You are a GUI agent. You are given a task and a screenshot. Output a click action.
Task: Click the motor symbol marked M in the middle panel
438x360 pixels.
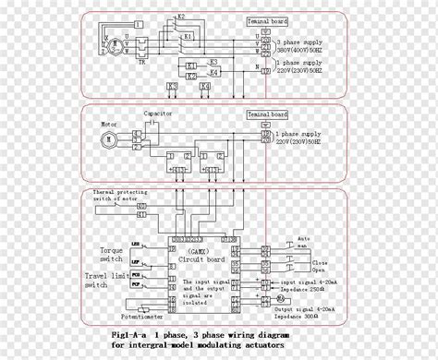(108, 139)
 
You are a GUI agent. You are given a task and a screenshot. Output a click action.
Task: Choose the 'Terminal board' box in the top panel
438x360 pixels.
(266, 19)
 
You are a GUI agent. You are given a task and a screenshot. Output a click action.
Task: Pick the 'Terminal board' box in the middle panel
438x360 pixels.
(266, 115)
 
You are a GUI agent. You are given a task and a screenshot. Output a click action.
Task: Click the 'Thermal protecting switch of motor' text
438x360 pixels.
(120, 196)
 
